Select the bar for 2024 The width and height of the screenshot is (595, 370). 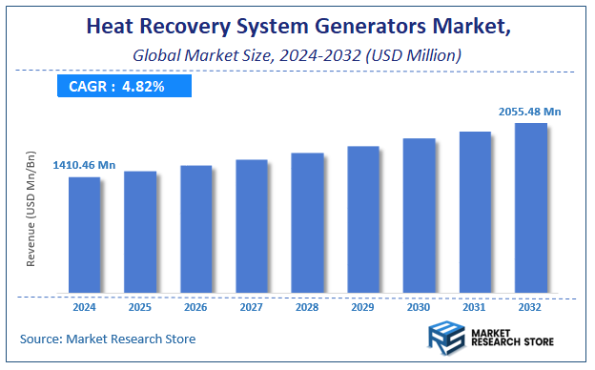pyautogui.click(x=84, y=235)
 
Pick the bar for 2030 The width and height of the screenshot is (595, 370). pyautogui.click(x=419, y=216)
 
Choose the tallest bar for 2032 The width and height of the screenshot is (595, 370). pyautogui.click(x=530, y=208)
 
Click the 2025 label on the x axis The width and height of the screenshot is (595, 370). pyautogui.click(x=140, y=307)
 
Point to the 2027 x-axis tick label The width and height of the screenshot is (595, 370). pyautogui.click(x=252, y=307)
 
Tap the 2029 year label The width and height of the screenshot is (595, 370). pyautogui.click(x=363, y=307)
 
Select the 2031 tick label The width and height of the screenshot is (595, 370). pyautogui.click(x=475, y=307)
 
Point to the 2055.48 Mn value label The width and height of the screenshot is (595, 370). pyautogui.click(x=529, y=112)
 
